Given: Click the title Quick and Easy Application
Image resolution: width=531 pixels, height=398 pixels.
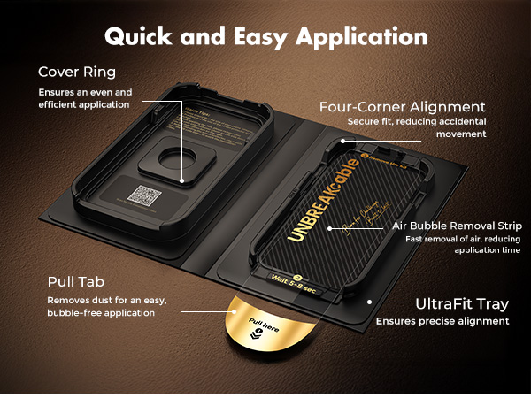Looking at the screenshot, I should click(x=265, y=36).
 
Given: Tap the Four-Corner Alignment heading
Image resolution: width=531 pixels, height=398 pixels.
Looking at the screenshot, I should click(x=403, y=107).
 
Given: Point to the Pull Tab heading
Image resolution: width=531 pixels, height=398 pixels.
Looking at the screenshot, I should click(x=78, y=282).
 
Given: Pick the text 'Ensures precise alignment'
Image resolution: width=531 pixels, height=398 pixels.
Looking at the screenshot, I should click(x=442, y=322).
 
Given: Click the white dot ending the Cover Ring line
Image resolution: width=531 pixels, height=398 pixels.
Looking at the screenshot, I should click(x=183, y=181).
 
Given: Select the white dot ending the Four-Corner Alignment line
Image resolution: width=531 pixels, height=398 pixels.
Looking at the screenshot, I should click(x=342, y=141).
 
